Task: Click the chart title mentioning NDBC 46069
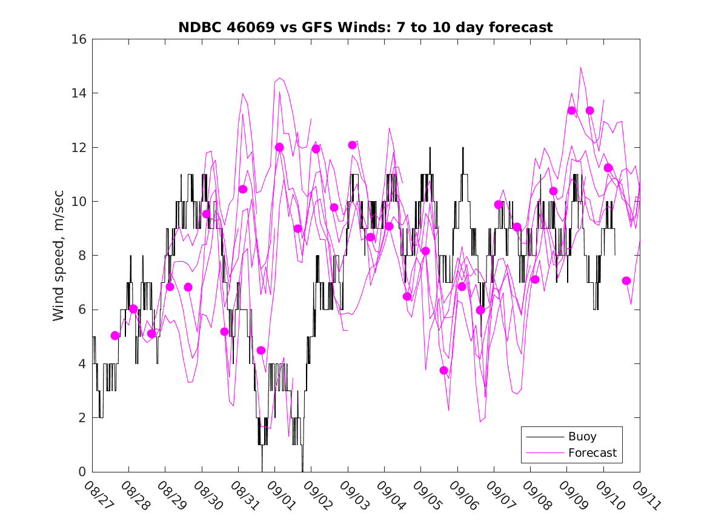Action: [x=365, y=27]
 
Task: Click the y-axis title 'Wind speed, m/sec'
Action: [x=58, y=256]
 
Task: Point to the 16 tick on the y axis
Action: [x=79, y=39]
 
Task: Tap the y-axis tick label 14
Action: [x=79, y=93]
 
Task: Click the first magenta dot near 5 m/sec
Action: [x=115, y=336]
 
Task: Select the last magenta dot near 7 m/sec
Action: [x=626, y=280]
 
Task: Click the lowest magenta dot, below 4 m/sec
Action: [x=443, y=370]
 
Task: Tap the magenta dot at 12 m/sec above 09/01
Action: [x=279, y=147]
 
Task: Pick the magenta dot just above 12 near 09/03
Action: [x=352, y=145]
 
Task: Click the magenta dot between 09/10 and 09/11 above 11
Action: [x=608, y=168]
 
